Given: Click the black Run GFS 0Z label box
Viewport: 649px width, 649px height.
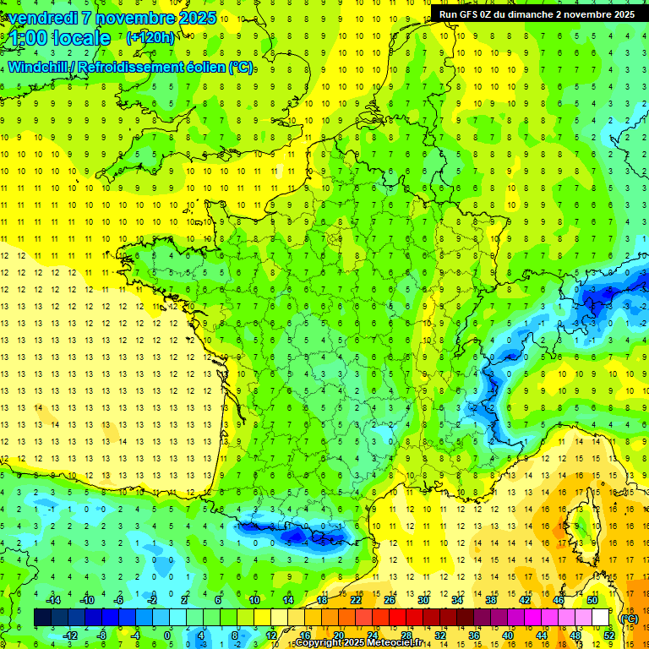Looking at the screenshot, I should click(537, 14).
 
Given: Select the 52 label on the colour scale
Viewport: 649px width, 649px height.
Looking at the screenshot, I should click(608, 635).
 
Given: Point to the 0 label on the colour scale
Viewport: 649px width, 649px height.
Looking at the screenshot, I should click(166, 635).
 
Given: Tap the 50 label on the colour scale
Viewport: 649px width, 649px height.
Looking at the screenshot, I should click(592, 599).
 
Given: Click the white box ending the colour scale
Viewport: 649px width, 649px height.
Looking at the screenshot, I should click(601, 617).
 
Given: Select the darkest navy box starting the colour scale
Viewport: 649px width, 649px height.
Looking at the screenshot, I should click(42, 617).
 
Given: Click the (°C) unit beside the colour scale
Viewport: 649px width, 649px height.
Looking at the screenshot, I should click(629, 618).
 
